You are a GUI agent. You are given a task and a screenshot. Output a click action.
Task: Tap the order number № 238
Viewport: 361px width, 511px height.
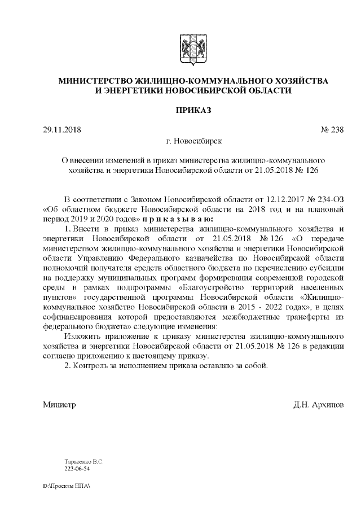coord(332,130)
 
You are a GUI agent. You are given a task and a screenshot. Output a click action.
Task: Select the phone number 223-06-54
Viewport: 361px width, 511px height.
coord(77,468)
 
